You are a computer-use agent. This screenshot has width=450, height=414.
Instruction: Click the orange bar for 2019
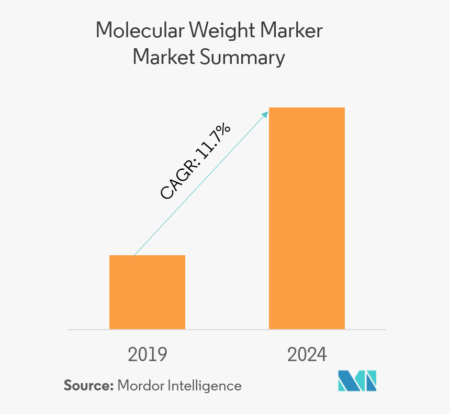(x=147, y=292)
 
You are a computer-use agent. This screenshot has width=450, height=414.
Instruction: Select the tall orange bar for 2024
(x=307, y=218)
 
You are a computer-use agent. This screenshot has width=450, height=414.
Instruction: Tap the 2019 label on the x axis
(x=147, y=354)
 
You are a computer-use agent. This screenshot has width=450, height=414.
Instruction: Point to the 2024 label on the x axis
(x=307, y=354)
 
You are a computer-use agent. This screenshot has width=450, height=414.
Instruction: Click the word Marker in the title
(x=295, y=31)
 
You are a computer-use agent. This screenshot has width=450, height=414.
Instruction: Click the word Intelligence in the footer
(x=205, y=386)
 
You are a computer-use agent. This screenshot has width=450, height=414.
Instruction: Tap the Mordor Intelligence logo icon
(x=357, y=381)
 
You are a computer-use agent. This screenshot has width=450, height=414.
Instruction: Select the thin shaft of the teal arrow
(x=157, y=231)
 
